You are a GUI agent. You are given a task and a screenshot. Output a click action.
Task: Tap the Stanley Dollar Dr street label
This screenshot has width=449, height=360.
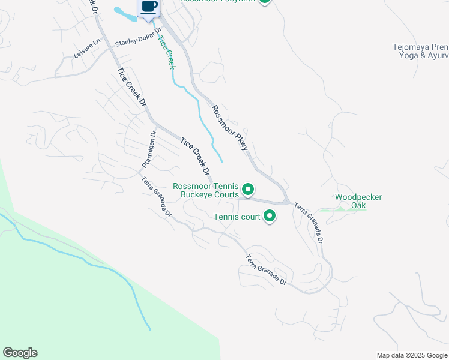(x=139, y=38)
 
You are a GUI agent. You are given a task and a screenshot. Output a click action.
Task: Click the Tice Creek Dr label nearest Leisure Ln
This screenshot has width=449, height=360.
(x=132, y=87)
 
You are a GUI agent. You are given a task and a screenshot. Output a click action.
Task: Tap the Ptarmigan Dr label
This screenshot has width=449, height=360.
(x=148, y=150)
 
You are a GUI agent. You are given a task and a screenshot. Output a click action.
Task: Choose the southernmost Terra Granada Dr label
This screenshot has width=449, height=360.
(x=266, y=271)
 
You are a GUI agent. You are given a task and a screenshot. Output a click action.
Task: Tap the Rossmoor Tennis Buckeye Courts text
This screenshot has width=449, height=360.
(x=206, y=190)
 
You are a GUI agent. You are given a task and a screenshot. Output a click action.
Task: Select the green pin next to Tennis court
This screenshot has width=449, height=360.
(x=270, y=216)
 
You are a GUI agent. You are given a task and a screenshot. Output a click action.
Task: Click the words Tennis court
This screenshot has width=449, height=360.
(x=237, y=217)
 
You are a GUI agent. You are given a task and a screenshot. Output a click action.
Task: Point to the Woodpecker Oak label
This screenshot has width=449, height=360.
(x=358, y=201)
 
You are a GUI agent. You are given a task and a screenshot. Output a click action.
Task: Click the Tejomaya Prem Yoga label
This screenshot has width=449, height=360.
(x=420, y=51)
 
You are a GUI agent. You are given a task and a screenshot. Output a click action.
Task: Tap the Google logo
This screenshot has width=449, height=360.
(x=20, y=353)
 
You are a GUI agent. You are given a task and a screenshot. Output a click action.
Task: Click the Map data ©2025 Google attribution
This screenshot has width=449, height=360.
(x=411, y=355)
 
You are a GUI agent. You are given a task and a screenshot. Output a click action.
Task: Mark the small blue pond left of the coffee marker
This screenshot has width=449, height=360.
(x=124, y=13)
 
